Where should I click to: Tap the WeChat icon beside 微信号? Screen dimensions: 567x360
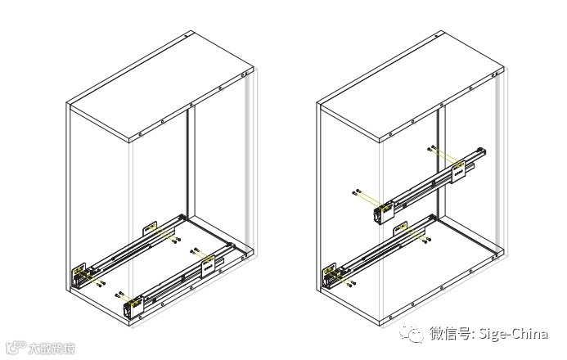(x=415, y=333)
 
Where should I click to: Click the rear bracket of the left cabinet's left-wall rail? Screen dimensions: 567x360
(x=149, y=228)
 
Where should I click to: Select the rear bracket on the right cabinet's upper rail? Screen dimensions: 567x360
(x=458, y=170)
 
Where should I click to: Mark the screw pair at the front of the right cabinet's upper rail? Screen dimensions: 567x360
(x=357, y=192)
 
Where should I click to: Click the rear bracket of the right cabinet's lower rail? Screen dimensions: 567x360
(x=401, y=229)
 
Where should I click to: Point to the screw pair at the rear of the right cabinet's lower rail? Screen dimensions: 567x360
(x=426, y=240)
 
